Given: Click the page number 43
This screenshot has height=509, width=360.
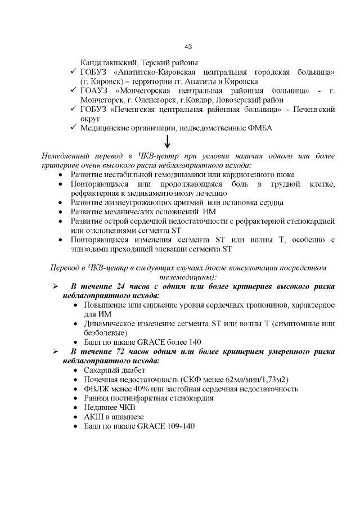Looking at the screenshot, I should point(188,46).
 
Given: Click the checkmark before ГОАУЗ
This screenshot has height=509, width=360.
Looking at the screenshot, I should point(74,90).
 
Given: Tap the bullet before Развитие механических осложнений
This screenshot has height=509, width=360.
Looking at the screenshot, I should point(61,211).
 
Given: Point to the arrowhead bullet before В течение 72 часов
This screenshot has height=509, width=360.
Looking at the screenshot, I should point(56,352).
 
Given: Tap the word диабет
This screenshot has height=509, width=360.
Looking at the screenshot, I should point(132,370).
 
